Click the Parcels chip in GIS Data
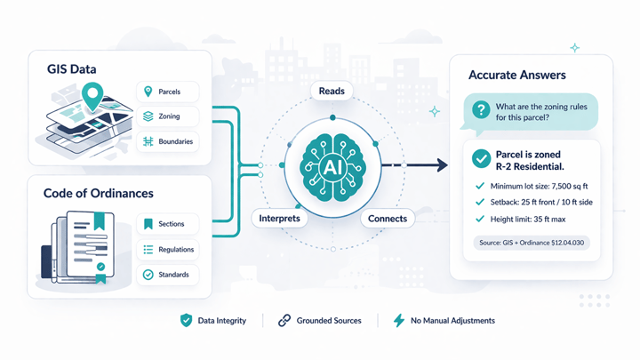[168, 92]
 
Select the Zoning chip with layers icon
[168, 116]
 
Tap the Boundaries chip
[168, 141]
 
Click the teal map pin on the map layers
[92, 96]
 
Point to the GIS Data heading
[72, 69]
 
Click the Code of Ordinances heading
[99, 193]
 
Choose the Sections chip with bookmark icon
[168, 224]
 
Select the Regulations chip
[168, 250]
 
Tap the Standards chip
[168, 275]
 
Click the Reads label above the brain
[332, 91]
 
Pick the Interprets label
[280, 219]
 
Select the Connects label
[388, 219]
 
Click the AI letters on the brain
[333, 167]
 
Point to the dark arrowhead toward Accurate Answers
[443, 165]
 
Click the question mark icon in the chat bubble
[481, 110]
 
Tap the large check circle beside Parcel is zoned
[481, 159]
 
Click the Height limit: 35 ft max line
[521, 220]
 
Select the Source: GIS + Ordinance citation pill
[532, 243]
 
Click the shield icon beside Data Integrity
[186, 320]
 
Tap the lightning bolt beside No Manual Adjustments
[399, 320]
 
